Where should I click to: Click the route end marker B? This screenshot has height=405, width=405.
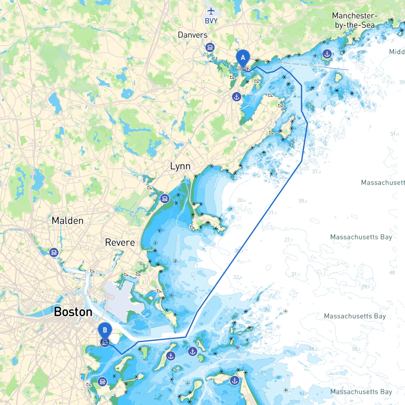click(105, 330)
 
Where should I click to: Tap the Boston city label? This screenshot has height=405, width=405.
click(73, 312)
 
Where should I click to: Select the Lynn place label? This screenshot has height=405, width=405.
click(180, 166)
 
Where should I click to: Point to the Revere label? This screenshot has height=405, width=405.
click(120, 242)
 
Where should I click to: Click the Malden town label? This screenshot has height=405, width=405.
click(68, 221)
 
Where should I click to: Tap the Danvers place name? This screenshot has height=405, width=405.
click(193, 35)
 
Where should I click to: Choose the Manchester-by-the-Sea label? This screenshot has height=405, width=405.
click(355, 20)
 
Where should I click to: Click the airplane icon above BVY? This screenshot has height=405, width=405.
click(211, 11)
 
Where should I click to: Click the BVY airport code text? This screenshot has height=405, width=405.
click(211, 21)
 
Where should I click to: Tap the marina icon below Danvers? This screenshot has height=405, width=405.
click(210, 47)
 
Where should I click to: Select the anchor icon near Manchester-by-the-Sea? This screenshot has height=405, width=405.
click(327, 54)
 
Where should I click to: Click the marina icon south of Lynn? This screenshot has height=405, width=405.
click(165, 199)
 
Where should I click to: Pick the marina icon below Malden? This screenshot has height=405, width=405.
click(54, 252)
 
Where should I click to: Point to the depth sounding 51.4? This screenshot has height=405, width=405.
click(395, 134)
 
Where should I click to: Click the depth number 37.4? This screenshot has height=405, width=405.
click(316, 171)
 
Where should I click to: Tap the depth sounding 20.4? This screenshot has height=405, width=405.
click(241, 200)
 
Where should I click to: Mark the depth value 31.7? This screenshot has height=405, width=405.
click(296, 274)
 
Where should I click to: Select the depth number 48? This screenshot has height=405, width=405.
click(392, 272)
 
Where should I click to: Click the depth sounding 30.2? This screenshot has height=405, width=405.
click(356, 349)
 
